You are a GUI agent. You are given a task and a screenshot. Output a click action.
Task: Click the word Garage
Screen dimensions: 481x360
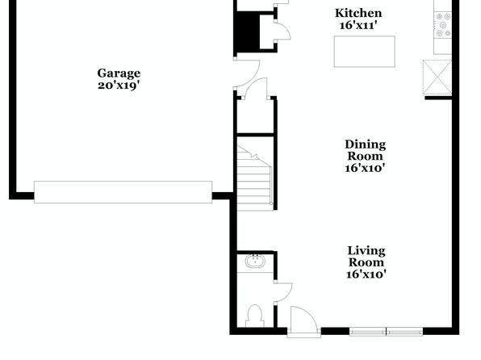(119, 73)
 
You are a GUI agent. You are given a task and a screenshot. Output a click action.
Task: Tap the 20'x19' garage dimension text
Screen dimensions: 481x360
(119, 86)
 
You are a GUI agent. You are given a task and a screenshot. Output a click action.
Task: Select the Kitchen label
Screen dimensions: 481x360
(358, 14)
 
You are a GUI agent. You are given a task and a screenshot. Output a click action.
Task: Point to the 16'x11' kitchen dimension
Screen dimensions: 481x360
(358, 25)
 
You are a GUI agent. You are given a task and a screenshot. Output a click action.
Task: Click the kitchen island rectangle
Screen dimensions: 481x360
(365, 52)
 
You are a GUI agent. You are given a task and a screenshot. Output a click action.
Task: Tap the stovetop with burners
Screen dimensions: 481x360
(443, 25)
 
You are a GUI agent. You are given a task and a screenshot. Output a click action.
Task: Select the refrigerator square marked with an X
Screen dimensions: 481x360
(437, 77)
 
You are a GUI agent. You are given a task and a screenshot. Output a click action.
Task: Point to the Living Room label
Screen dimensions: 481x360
(366, 257)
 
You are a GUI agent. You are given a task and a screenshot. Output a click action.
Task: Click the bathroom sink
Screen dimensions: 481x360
(255, 262)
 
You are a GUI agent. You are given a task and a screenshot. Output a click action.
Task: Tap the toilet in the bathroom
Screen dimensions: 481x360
(254, 316)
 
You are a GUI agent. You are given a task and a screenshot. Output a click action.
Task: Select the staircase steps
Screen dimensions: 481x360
(254, 178)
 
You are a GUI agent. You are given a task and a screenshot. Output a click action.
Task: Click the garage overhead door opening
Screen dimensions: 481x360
(123, 192)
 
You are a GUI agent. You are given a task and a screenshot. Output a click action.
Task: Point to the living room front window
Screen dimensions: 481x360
(386, 332)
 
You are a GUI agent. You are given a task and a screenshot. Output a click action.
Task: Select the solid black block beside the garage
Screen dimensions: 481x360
(247, 33)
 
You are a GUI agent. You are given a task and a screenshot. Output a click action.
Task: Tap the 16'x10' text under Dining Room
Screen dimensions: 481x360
(365, 168)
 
